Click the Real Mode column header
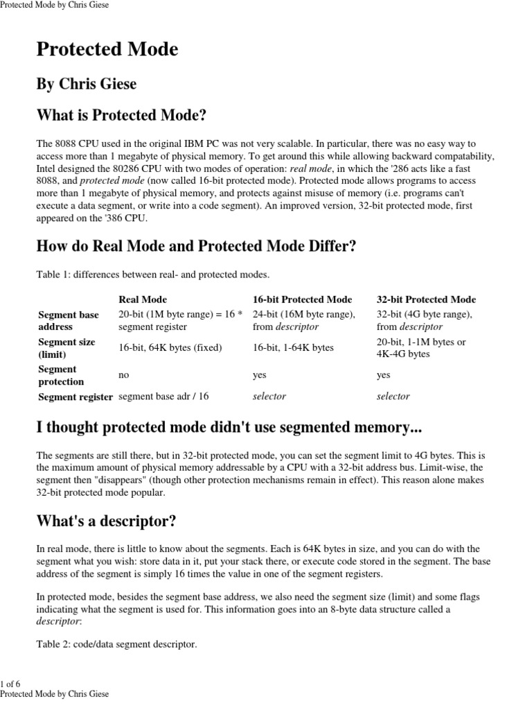pos(143,300)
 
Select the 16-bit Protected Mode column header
pos(302,300)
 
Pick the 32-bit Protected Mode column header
pos(426,300)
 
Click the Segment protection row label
pos(61,375)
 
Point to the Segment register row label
pos(75,397)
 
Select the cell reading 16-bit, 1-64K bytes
pos(293,347)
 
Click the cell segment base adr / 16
pos(163,397)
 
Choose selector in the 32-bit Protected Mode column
pos(393,397)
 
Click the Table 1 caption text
pos(152,275)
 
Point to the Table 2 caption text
pos(116,645)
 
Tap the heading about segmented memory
pos(229,428)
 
